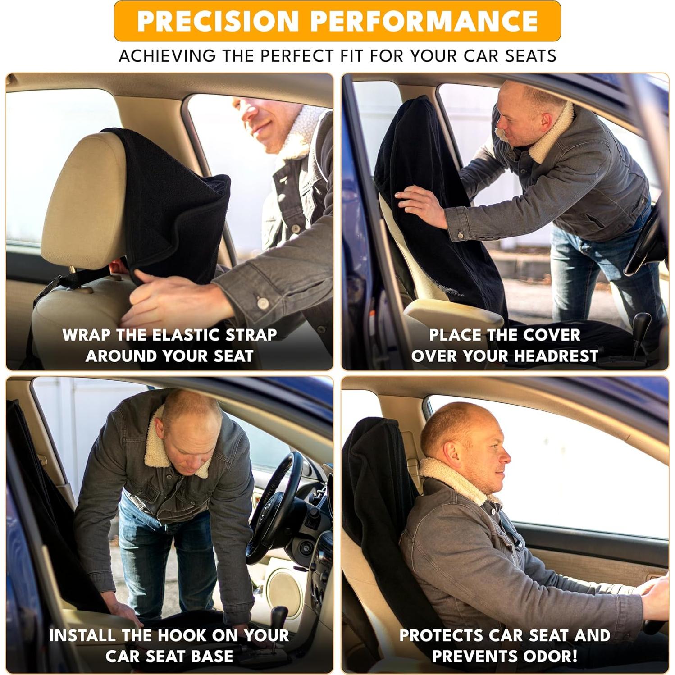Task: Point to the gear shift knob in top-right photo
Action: coord(643,321)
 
